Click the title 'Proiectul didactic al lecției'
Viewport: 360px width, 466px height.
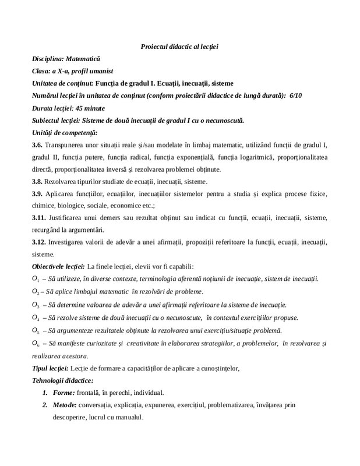[x=179, y=47]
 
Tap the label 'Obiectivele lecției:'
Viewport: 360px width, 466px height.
[x=58, y=267]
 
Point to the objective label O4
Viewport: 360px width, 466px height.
[x=36, y=317]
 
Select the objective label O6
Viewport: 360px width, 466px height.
[x=36, y=344]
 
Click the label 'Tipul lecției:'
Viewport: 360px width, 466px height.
[x=51, y=368]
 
